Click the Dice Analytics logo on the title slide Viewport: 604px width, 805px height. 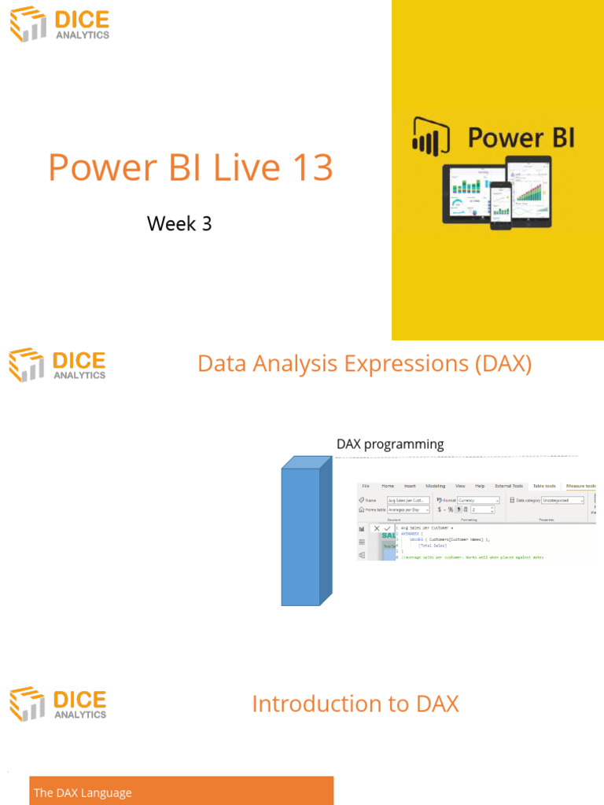point(59,24)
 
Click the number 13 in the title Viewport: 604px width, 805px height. point(311,167)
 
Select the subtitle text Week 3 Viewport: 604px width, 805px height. point(179,223)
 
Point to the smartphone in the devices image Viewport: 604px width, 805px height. point(500,205)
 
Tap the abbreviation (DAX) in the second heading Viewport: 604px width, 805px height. point(500,364)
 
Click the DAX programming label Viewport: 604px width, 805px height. point(389,444)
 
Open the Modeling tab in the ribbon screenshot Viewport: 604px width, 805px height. point(435,486)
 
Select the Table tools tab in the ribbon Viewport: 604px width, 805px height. point(543,486)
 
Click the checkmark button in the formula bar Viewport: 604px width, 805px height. point(386,528)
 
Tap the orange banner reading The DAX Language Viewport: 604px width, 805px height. point(181,792)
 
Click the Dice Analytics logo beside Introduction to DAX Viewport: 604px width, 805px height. point(57,704)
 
